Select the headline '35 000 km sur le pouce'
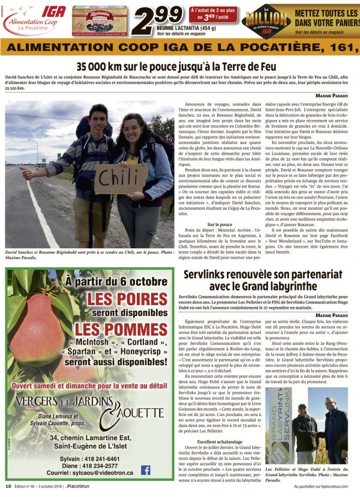pos(180,67)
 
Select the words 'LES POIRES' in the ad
pos(125,299)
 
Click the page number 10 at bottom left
pos(8,486)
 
